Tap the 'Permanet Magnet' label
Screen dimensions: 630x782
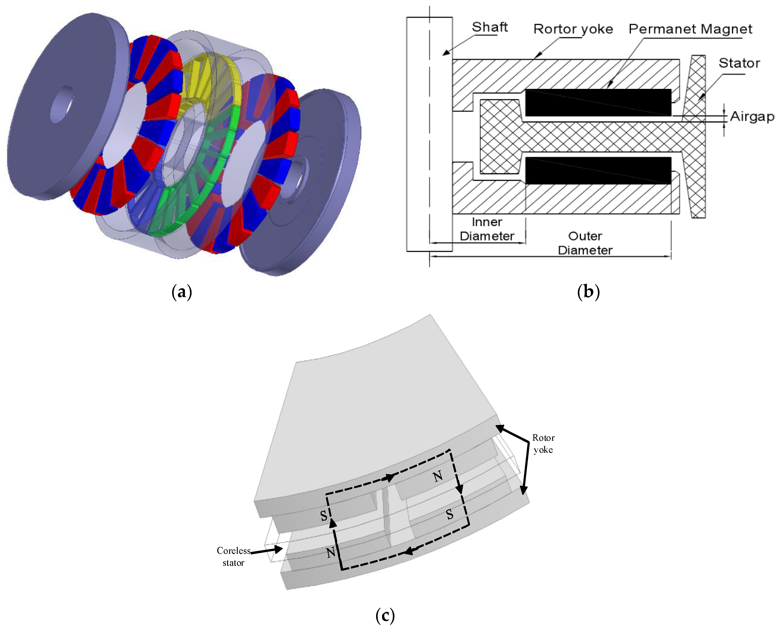[690, 29]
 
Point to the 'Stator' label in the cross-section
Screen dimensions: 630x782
[739, 63]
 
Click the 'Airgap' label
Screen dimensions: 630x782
[752, 116]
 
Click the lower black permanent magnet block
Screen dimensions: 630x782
[598, 171]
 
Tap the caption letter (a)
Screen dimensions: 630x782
[181, 292]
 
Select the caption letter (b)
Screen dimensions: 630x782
[588, 292]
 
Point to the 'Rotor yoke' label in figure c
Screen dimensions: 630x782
[543, 443]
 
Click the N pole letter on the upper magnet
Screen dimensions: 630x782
[438, 476]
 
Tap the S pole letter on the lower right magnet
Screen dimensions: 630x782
[450, 514]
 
